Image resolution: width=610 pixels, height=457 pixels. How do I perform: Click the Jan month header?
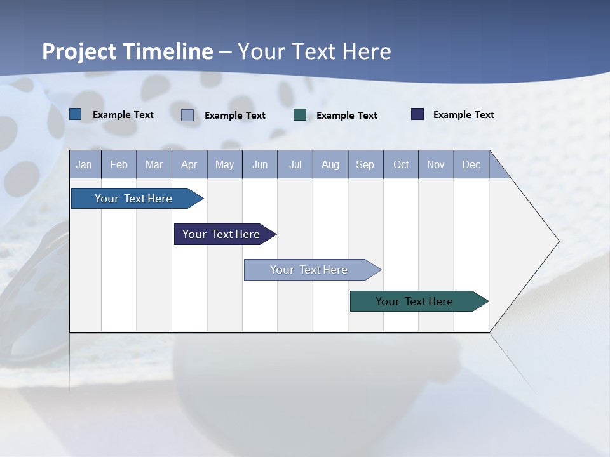click(84, 164)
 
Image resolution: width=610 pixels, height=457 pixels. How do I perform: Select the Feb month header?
click(119, 164)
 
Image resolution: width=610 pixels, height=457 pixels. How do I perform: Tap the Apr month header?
click(189, 164)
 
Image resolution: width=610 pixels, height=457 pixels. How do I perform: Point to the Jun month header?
click(259, 164)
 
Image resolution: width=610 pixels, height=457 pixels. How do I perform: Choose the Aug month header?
click(330, 164)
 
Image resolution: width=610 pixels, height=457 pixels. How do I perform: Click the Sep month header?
click(365, 164)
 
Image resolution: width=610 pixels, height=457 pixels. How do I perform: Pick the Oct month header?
click(400, 164)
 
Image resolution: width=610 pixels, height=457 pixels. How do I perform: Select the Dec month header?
click(471, 164)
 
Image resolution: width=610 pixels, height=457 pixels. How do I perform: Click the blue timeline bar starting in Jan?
click(133, 199)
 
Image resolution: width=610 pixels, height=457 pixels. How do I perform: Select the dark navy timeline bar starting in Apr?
click(221, 234)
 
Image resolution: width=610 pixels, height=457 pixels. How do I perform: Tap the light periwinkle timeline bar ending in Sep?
click(309, 270)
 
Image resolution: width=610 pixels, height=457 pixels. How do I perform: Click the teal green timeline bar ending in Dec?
click(414, 301)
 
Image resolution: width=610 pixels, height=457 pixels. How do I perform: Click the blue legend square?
click(75, 114)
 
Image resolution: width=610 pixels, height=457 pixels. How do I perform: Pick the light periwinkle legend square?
click(187, 115)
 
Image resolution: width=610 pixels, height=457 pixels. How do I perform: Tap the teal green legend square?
click(300, 115)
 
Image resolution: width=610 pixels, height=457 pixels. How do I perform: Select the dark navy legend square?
click(417, 114)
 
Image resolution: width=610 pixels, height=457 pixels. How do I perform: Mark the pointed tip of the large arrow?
click(558, 241)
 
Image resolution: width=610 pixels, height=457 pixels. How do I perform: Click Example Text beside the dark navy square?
click(463, 114)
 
